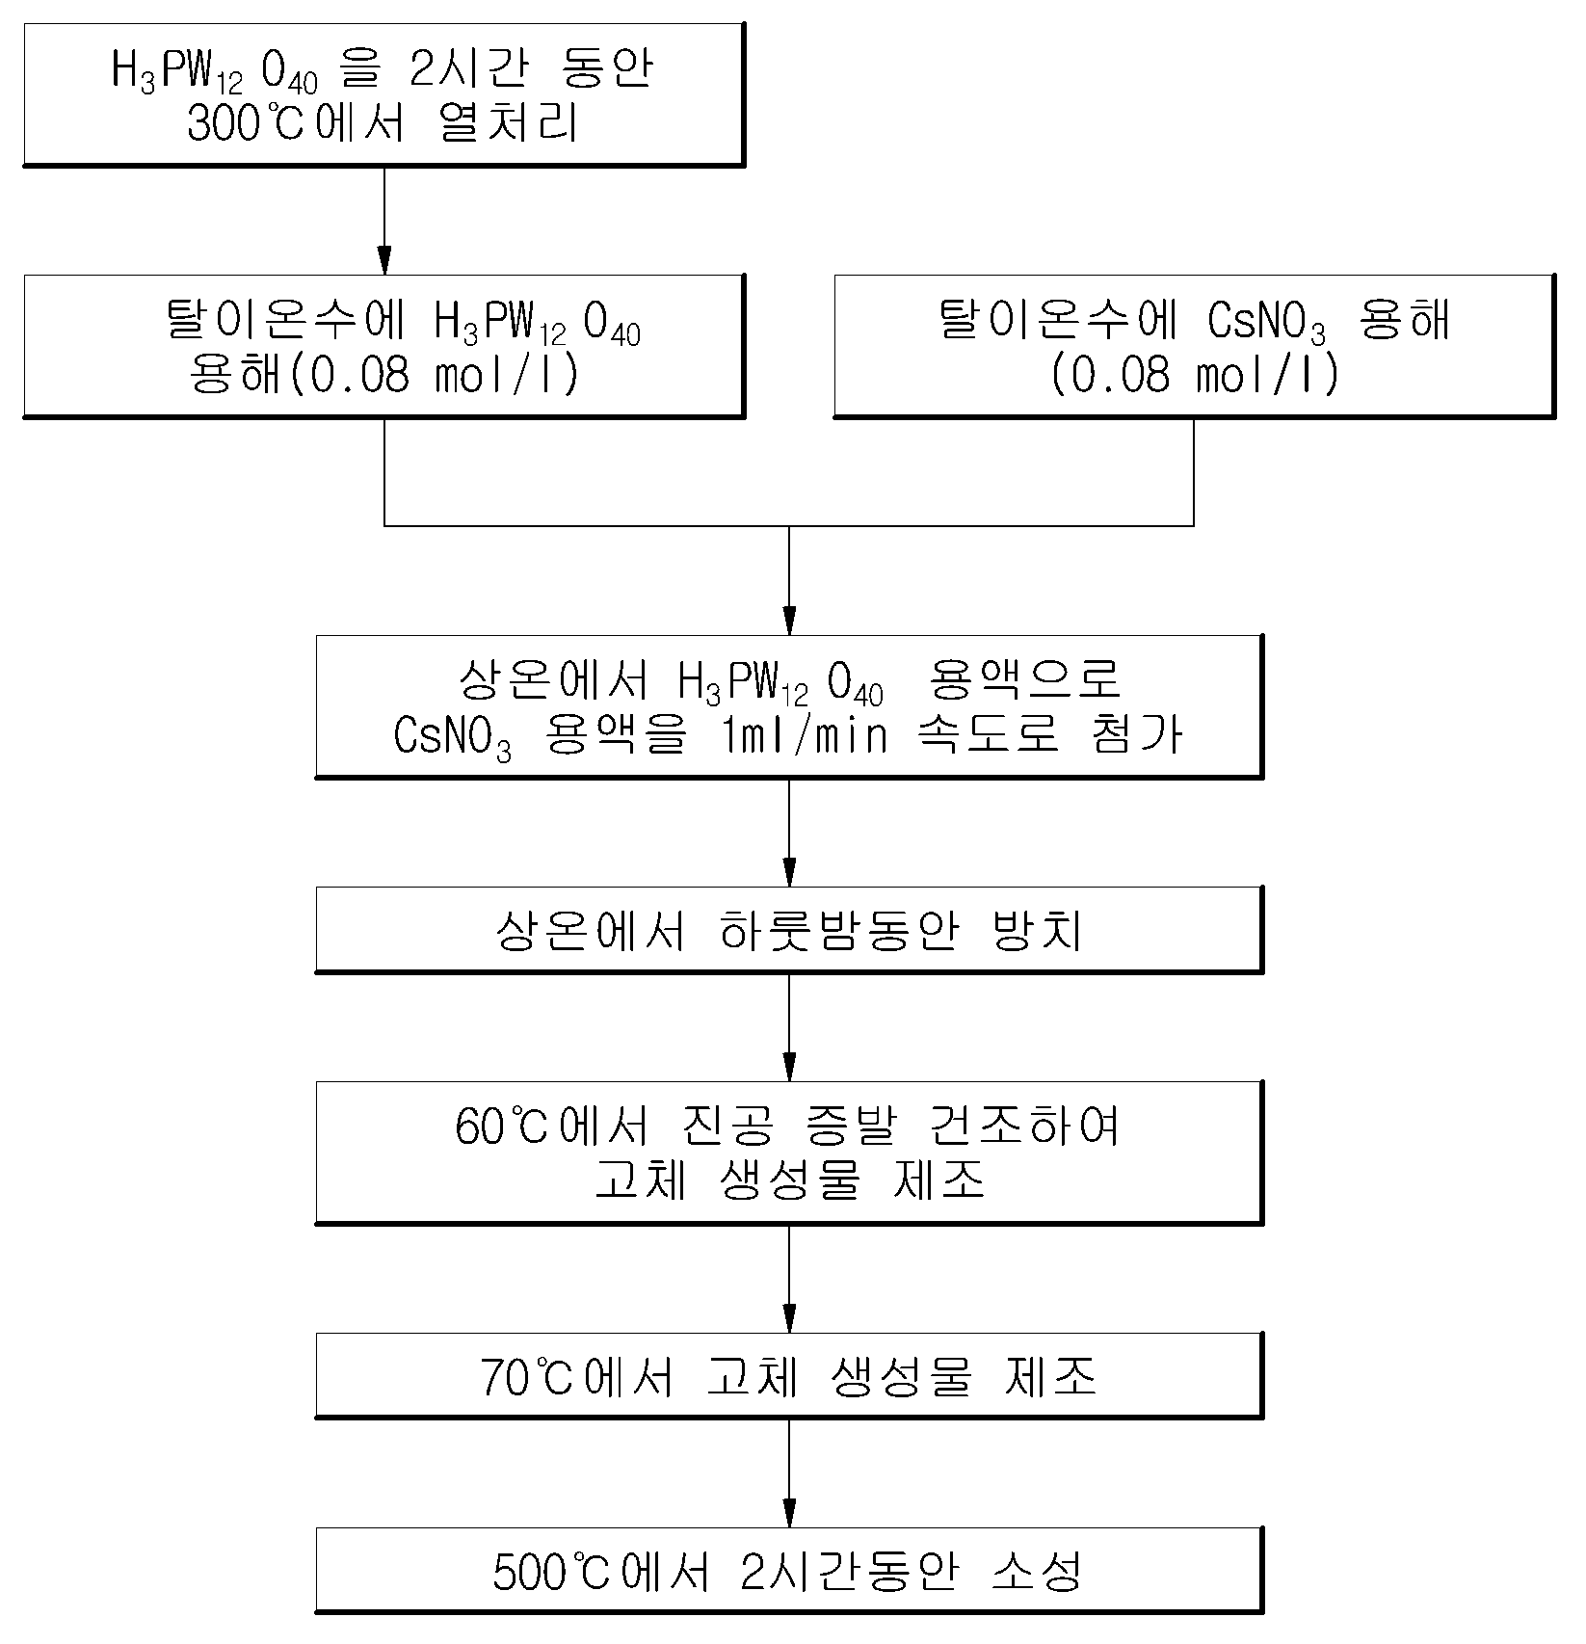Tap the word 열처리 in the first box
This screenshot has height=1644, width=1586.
[508, 124]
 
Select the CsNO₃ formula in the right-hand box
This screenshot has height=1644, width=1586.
[1266, 323]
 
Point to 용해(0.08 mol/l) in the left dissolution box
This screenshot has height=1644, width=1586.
[385, 374]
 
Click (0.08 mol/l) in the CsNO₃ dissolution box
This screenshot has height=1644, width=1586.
[1195, 374]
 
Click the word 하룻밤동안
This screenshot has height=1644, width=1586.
[838, 931]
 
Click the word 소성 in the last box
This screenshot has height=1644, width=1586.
[1038, 1573]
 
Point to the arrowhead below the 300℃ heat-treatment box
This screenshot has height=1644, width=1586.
[384, 261]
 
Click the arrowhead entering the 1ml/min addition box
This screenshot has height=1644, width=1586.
[789, 621]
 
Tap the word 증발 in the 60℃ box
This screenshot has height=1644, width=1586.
[847, 1126]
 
